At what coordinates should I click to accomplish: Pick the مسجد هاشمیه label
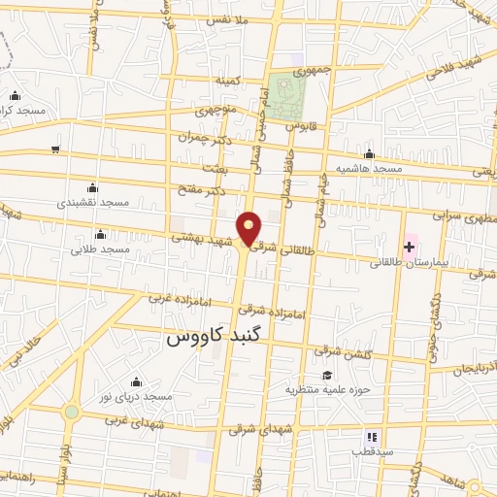(368, 168)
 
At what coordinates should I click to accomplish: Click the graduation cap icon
(327, 376)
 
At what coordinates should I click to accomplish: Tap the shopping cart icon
(55, 149)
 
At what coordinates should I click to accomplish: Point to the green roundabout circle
(71, 412)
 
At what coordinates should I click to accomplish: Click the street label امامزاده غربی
(177, 297)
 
